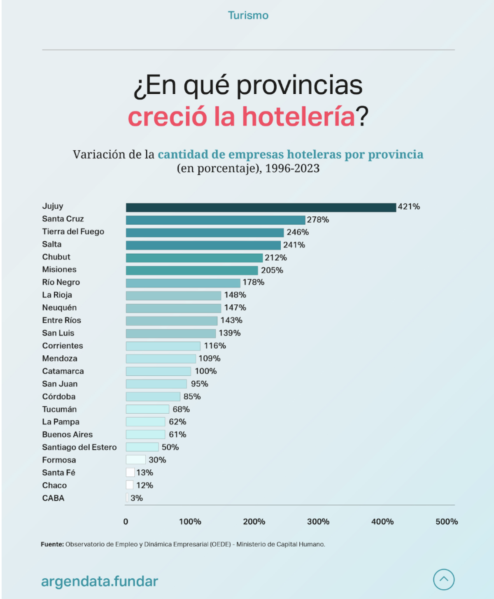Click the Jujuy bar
click(x=261, y=207)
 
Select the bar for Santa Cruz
click(x=215, y=220)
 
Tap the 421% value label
click(x=409, y=207)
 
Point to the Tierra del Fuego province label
click(x=73, y=232)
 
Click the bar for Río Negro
click(x=183, y=283)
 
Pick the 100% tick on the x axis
click(x=190, y=522)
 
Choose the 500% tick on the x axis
click(x=447, y=522)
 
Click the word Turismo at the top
click(x=248, y=16)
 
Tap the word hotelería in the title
click(x=298, y=117)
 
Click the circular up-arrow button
click(x=444, y=580)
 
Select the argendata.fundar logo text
click(x=100, y=581)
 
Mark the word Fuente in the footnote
click(x=52, y=544)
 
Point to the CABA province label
click(x=53, y=498)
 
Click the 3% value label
click(x=137, y=498)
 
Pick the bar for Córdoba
click(x=153, y=397)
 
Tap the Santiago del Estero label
click(x=79, y=448)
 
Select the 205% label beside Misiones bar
click(x=272, y=270)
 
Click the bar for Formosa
click(x=135, y=460)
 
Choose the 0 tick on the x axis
click(x=126, y=522)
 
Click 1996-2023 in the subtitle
click(x=292, y=168)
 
